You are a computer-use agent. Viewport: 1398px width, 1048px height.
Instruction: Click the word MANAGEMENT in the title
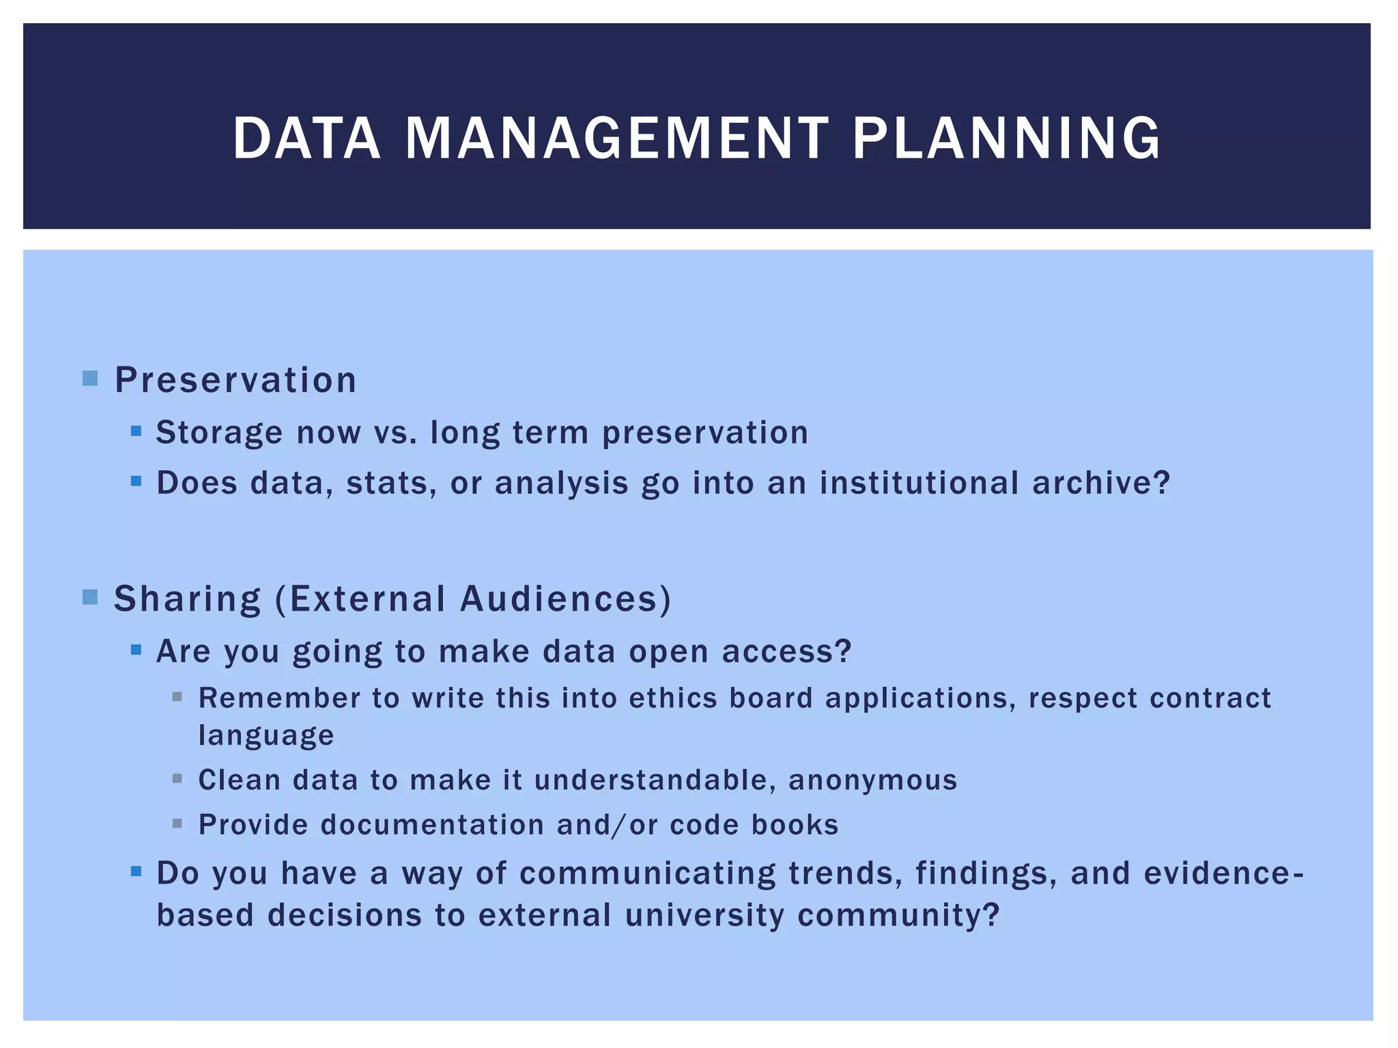tap(616, 139)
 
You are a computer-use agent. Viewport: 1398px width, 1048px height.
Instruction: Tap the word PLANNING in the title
tap(1006, 139)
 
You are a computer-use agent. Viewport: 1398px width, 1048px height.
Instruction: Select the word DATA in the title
tap(306, 139)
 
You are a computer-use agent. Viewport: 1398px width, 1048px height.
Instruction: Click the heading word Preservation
tap(236, 380)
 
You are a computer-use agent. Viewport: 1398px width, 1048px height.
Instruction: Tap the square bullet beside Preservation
tap(90, 378)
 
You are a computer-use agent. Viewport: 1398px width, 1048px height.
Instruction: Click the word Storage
tap(219, 433)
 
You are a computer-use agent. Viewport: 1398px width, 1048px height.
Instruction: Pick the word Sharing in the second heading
tap(187, 600)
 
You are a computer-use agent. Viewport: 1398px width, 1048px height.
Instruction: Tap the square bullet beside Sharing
tap(90, 597)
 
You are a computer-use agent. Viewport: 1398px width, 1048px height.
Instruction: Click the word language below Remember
tap(266, 736)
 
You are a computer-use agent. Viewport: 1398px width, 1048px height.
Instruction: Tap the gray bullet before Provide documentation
tap(177, 824)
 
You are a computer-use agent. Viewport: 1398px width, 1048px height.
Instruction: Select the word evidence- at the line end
tap(1223, 873)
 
